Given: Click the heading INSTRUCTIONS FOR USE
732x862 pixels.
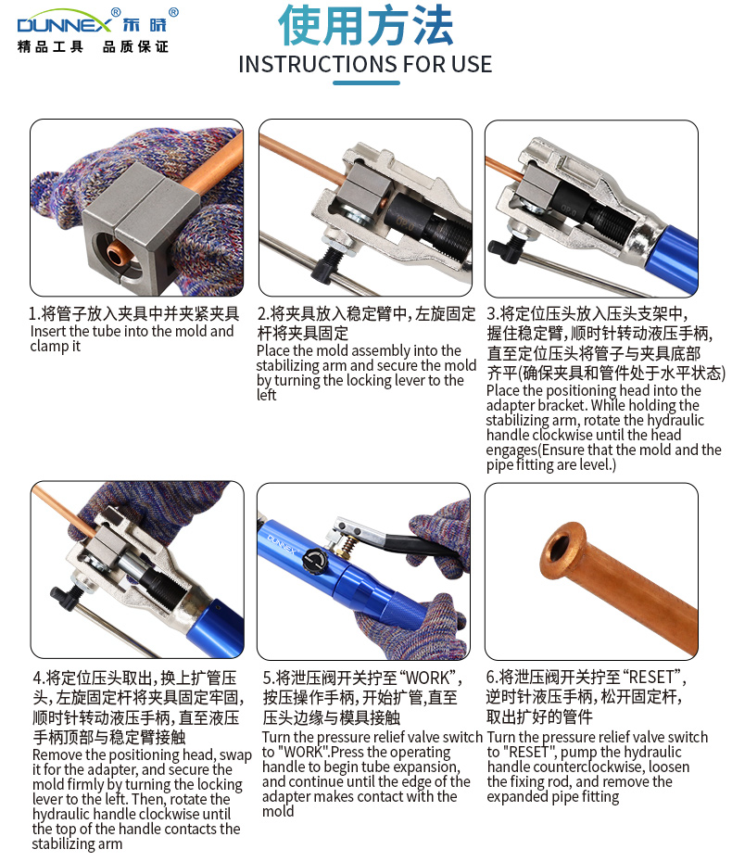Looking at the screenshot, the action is click(365, 64).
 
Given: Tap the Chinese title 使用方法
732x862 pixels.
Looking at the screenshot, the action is click(366, 25).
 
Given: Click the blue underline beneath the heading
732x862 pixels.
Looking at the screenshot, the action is click(366, 83).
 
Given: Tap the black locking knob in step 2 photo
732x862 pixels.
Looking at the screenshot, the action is click(326, 263).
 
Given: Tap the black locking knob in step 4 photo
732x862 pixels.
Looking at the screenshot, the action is click(64, 597).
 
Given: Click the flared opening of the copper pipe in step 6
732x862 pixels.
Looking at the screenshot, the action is click(562, 551).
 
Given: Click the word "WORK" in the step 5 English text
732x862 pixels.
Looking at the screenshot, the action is click(302, 752).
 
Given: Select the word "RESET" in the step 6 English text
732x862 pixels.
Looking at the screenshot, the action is click(530, 752).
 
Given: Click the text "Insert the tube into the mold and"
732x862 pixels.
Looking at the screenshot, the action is click(132, 331).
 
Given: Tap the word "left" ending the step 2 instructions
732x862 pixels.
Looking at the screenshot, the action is click(267, 395).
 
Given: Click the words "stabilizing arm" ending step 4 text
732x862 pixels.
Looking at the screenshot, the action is click(77, 843).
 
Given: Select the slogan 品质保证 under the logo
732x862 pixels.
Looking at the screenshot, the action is click(135, 47).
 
